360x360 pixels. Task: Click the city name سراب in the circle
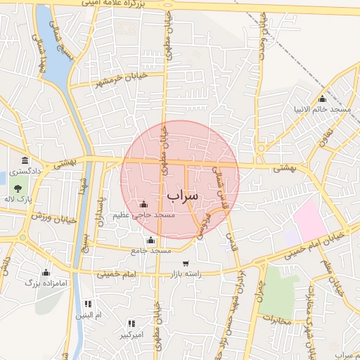tap(183, 194)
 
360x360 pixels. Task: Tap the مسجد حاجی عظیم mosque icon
tap(143, 204)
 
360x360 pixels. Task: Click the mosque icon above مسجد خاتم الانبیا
tap(322, 98)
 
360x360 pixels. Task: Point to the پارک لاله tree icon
tap(15, 188)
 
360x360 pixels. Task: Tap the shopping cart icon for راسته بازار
tap(186, 264)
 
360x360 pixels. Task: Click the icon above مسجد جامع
tap(150, 240)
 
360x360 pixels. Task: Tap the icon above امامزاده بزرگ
tap(46, 272)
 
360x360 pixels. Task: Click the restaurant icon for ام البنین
tap(88, 304)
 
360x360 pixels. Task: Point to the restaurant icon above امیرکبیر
tap(130, 324)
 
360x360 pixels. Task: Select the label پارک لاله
tap(19, 200)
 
